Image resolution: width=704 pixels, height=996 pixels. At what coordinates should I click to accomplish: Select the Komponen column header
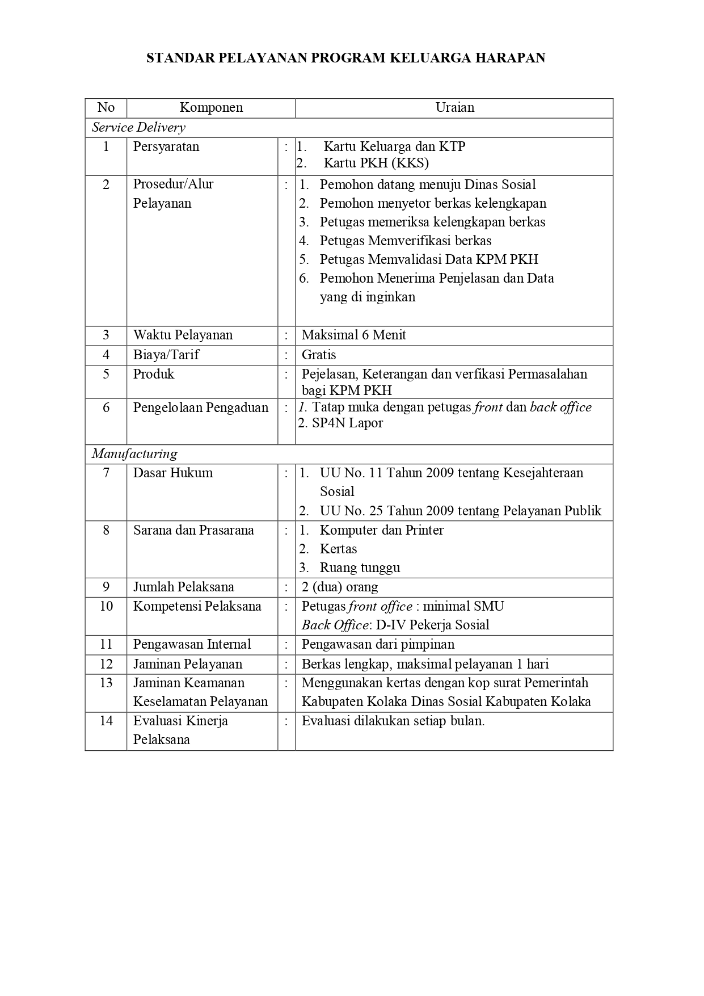211,108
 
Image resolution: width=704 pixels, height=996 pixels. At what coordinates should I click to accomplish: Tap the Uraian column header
454,108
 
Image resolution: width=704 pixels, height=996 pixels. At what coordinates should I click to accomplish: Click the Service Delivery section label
138,128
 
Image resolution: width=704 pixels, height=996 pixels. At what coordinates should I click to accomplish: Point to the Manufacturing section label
134,454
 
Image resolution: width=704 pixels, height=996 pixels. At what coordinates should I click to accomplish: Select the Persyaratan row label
166,146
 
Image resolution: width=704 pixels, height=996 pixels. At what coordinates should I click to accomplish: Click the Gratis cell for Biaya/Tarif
319,355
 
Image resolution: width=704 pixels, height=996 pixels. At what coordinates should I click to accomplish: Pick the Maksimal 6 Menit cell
354,335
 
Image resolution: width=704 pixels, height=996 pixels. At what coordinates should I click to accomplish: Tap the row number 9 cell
106,587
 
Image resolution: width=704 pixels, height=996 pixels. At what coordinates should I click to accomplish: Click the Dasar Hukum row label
173,473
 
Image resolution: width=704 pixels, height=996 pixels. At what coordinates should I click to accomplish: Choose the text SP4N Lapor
347,423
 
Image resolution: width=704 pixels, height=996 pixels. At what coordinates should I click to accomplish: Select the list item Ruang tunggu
360,568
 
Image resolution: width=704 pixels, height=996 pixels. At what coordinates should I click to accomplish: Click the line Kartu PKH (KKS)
376,163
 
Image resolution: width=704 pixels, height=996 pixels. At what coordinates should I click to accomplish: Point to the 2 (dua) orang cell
340,587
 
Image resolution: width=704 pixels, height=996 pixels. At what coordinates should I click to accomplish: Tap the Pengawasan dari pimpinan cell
378,645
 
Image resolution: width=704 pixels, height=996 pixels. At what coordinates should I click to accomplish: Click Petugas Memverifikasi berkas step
405,241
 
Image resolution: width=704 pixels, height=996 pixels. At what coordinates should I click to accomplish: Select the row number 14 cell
106,721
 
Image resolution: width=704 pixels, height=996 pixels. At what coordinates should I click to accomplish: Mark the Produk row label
154,375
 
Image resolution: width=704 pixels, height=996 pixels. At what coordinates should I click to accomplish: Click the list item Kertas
338,549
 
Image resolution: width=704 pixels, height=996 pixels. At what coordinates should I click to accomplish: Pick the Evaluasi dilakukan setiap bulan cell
393,721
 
